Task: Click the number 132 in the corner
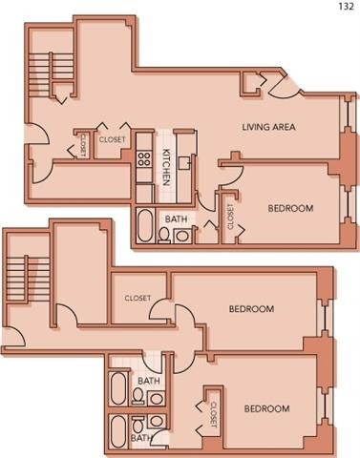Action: (346, 6)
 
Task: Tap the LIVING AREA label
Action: (268, 127)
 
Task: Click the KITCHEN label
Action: (166, 167)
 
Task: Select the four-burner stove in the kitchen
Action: (144, 158)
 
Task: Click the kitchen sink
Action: (184, 163)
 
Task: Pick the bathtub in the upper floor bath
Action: (145, 225)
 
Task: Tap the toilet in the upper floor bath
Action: (164, 236)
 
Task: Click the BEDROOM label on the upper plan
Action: (290, 208)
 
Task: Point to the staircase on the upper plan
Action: (52, 74)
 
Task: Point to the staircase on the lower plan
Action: (28, 280)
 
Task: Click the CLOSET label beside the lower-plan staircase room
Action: (138, 298)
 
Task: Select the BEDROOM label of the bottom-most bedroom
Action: (266, 408)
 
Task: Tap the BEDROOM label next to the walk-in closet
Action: (251, 309)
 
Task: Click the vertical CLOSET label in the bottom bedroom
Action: (214, 414)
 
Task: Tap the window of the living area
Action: (347, 114)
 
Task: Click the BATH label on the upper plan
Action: (176, 219)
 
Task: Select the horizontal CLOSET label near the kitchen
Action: (112, 139)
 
